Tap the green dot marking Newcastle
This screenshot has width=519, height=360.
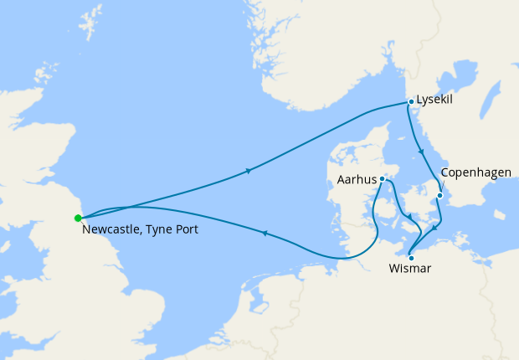point(78,218)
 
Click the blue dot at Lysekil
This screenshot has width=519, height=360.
point(410,102)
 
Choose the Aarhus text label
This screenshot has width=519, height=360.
point(356,179)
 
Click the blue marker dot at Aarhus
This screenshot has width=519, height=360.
point(382,178)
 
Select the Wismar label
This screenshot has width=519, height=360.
point(410,269)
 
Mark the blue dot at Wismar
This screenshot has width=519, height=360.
point(411,258)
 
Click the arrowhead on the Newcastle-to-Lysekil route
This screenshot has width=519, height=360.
point(249,171)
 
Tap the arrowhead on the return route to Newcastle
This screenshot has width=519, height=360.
point(265,234)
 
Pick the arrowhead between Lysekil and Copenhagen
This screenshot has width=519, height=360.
point(422,152)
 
